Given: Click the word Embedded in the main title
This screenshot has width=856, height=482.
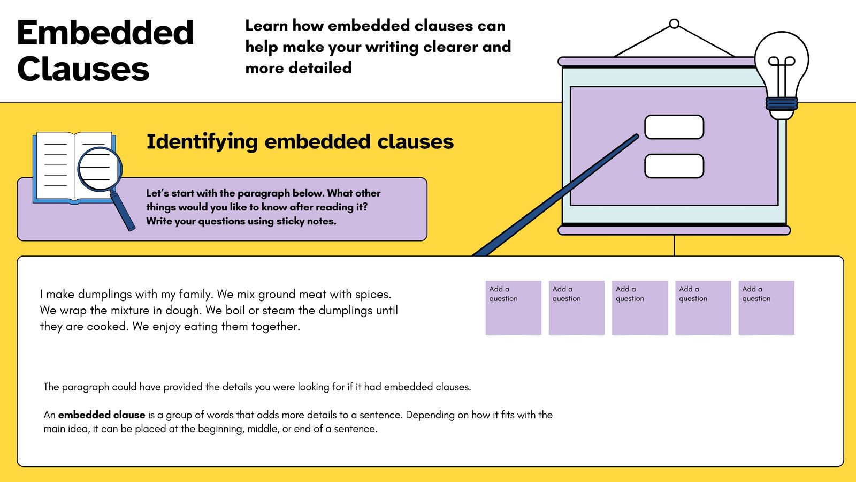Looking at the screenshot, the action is pos(105,33).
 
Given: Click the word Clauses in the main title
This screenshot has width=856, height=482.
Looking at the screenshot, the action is pos(83,69).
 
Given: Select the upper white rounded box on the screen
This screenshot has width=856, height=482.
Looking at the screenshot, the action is pos(674,127).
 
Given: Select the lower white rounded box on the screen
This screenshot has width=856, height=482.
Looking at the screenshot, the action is pos(674,166).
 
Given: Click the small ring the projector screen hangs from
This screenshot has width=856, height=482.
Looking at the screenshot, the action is pos(674,24).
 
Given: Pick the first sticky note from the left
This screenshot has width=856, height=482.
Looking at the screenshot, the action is pos(513,308).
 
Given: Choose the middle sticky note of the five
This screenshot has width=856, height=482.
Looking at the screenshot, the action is pos(640,308).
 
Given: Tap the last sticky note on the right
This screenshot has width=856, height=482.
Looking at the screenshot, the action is pos(766,308).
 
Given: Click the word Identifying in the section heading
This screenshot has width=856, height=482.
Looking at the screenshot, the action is pos(202,142).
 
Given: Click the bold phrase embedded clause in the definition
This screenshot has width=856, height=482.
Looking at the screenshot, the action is pos(102,415).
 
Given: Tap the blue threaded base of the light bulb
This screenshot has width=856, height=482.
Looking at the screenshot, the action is pos(782,103).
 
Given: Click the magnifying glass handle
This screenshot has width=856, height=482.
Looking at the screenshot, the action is pos(123,211).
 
